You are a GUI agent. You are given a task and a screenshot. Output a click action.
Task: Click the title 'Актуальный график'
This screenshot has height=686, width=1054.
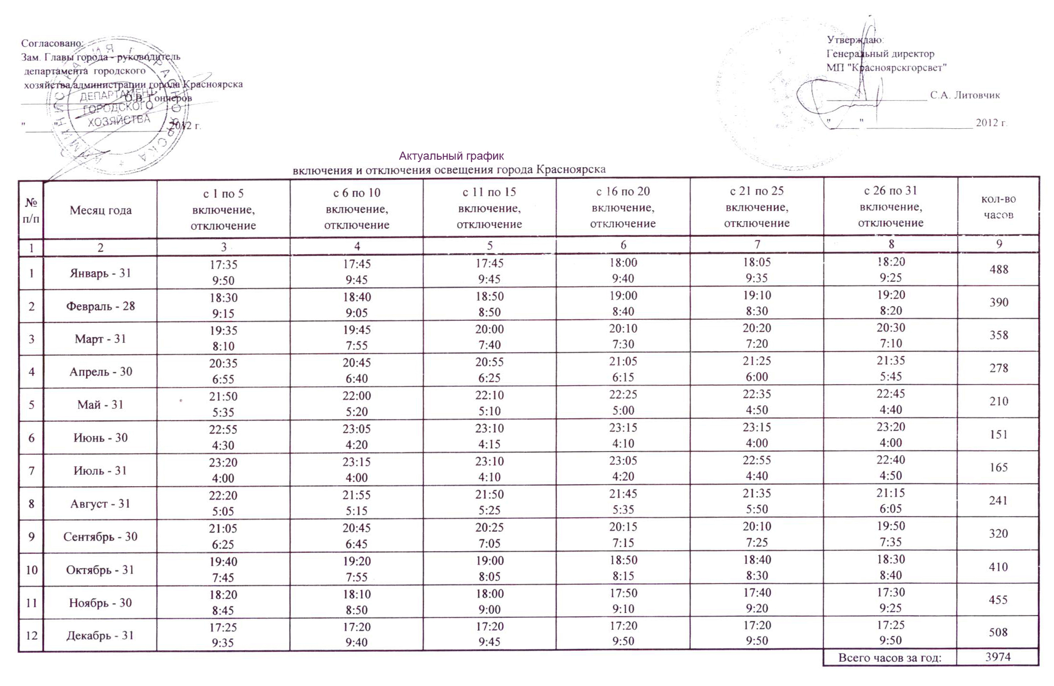click(451, 156)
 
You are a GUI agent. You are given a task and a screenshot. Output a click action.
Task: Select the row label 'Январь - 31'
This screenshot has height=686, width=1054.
click(100, 273)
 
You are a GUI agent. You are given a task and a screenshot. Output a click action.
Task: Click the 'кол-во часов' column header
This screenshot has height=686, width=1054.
click(999, 207)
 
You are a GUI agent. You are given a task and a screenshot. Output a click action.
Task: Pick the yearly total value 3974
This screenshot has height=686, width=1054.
click(998, 657)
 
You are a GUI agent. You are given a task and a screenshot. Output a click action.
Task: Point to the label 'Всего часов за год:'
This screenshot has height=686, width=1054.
click(890, 658)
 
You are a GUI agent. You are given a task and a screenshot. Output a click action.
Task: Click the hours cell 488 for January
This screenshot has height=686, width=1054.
click(999, 270)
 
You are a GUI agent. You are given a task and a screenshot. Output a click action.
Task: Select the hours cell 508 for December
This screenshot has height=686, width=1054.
click(998, 632)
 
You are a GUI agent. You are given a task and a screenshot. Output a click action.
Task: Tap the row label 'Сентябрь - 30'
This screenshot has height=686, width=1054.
click(100, 537)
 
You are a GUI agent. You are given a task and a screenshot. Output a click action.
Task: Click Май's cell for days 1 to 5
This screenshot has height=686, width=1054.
click(223, 404)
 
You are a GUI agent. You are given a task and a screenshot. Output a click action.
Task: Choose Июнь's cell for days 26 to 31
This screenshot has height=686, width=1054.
click(890, 435)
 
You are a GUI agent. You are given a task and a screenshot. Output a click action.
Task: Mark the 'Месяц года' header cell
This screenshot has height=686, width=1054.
click(100, 210)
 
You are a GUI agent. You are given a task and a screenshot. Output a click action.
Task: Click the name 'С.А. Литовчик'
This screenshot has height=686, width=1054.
click(965, 95)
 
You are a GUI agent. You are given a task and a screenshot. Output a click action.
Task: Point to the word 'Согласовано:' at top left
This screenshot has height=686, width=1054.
click(52, 43)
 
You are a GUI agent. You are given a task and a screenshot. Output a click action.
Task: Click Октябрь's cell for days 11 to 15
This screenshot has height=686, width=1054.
click(489, 569)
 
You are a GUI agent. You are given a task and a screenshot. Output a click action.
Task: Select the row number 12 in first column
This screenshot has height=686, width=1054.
click(31, 635)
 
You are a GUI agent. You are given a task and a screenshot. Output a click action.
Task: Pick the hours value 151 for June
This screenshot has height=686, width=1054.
click(999, 435)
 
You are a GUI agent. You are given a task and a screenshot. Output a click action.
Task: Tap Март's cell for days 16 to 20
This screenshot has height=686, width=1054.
click(623, 336)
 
